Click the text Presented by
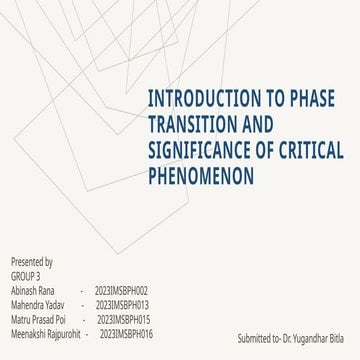(32, 262)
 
